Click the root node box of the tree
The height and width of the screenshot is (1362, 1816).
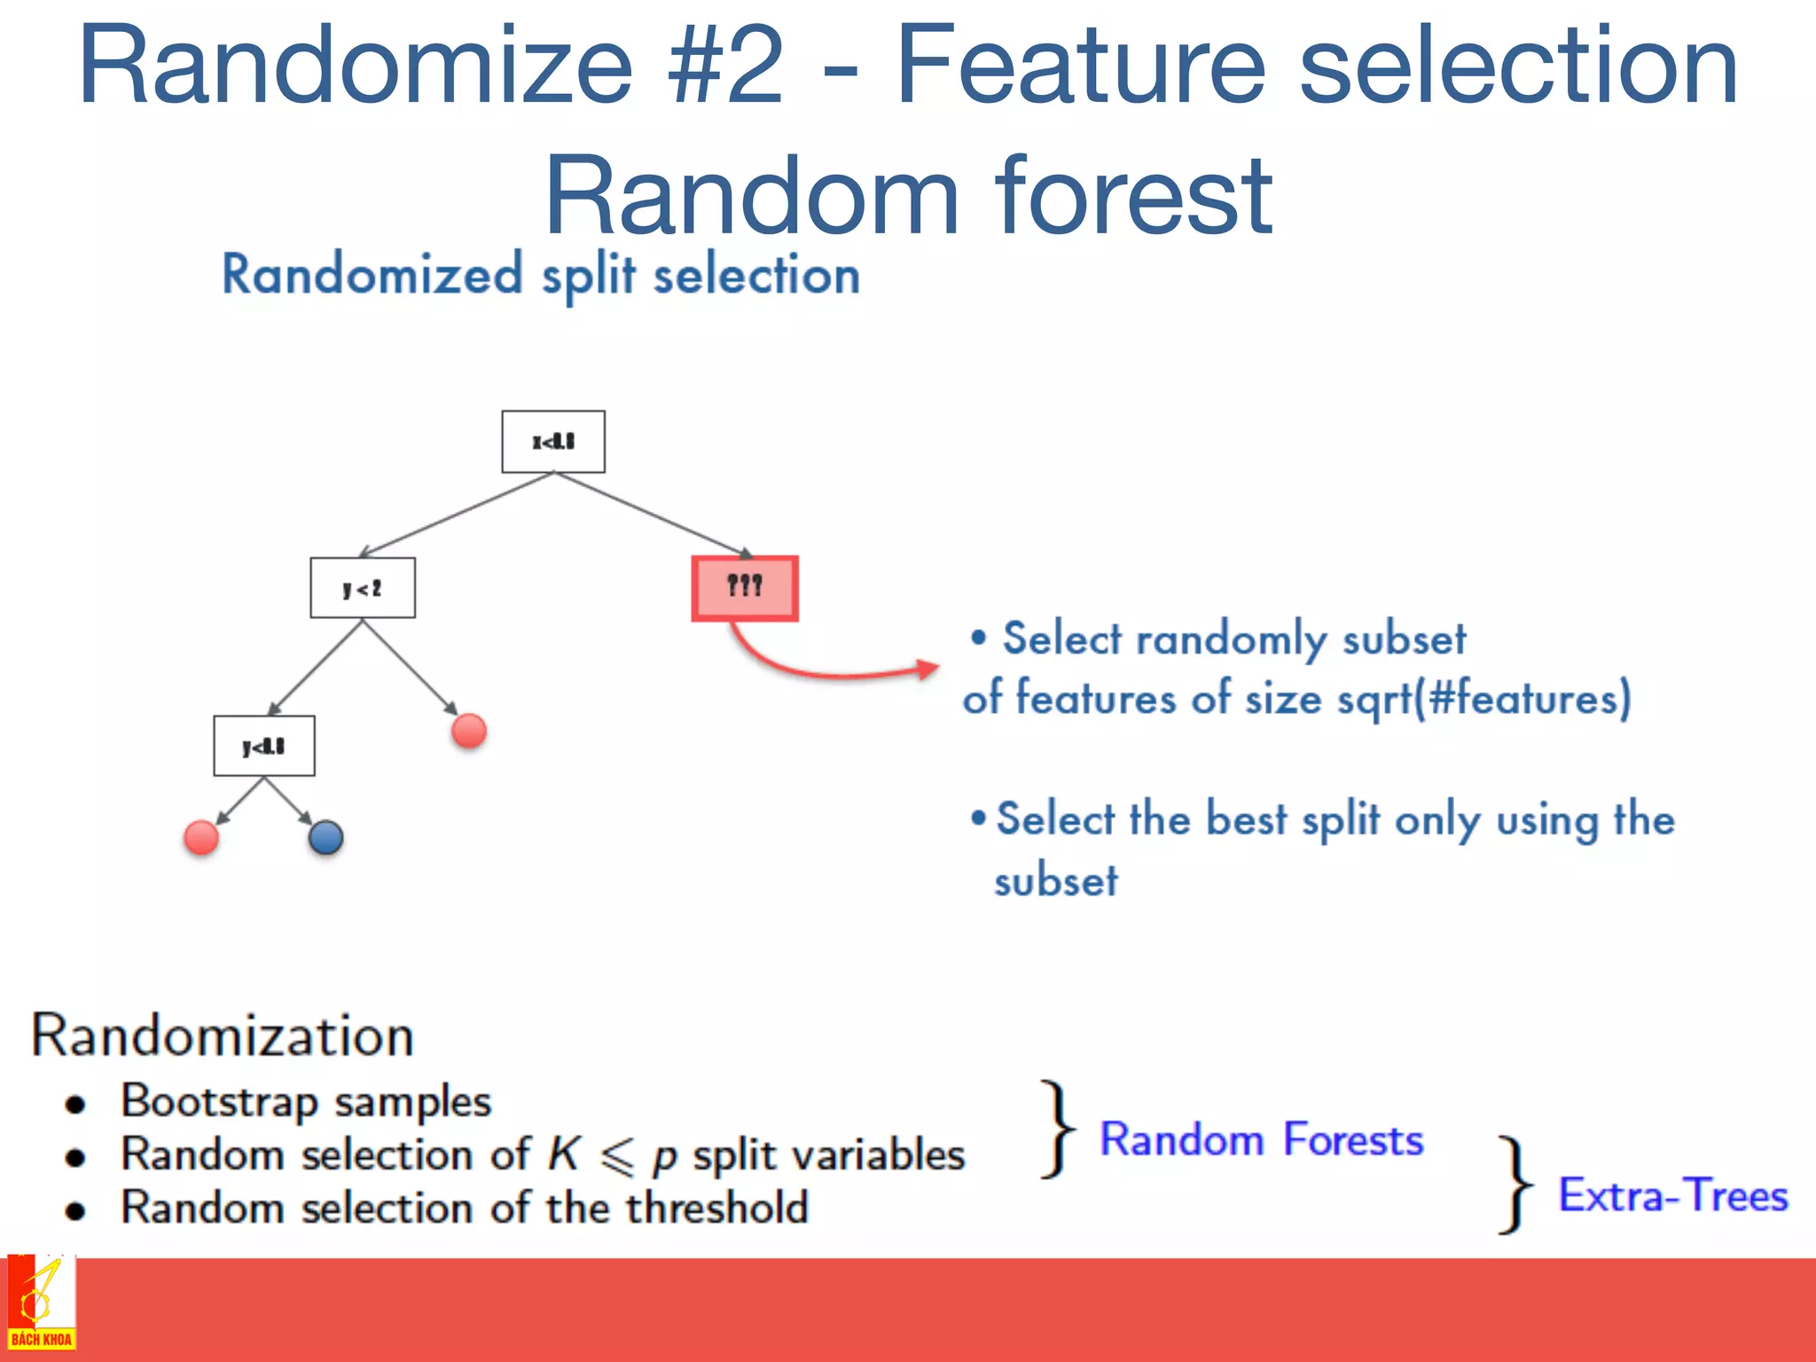tap(553, 442)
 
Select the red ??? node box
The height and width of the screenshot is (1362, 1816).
tap(745, 588)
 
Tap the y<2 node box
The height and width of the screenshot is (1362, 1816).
tap(363, 588)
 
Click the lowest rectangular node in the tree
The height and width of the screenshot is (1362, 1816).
tap(264, 747)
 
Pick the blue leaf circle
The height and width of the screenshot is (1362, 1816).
tap(325, 837)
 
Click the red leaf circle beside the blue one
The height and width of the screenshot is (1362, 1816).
tap(201, 837)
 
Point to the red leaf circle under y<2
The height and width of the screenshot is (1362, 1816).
tap(469, 732)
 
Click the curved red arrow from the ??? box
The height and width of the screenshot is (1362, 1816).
tap(825, 670)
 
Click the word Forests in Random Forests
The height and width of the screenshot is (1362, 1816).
tap(1353, 1140)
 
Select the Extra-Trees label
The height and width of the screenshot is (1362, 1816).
tap(1673, 1195)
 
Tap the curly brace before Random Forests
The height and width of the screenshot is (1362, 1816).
tap(1058, 1129)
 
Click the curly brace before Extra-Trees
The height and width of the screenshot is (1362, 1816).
tap(1515, 1185)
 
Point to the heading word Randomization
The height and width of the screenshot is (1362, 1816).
tap(223, 1035)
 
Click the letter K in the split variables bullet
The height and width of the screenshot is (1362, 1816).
tap(563, 1155)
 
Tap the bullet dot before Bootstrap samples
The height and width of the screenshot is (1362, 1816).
tap(75, 1104)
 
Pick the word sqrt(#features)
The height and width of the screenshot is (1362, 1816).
tap(1483, 698)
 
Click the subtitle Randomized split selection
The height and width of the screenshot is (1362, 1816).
tap(541, 275)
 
